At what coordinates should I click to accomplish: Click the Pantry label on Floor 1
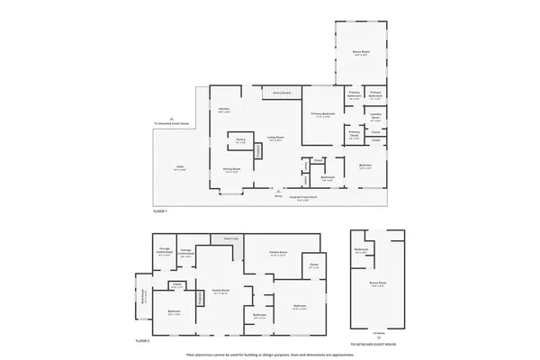tap(240, 140)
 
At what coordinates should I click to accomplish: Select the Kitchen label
tap(224, 111)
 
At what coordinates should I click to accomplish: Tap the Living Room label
tap(274, 139)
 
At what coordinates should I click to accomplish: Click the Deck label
tap(179, 169)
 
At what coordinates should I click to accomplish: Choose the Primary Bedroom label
tap(323, 115)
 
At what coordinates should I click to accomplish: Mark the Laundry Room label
tap(375, 119)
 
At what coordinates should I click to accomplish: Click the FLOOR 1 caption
tap(160, 210)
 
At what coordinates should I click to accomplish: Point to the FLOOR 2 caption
tap(142, 342)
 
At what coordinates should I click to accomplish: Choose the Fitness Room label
tap(278, 253)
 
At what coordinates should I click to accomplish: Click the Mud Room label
tap(143, 292)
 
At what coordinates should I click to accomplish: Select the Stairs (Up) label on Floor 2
tap(231, 238)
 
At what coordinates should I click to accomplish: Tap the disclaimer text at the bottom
tap(270, 354)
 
